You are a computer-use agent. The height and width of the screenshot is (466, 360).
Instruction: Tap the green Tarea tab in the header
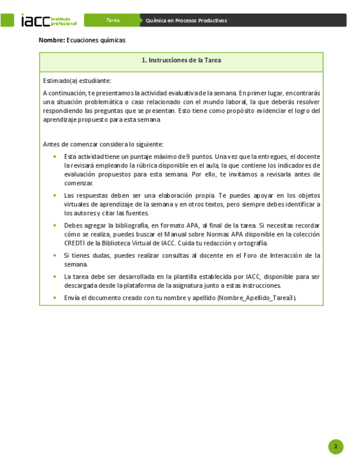[x=113, y=20]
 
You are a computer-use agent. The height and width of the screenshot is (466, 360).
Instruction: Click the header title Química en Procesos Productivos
[x=187, y=20]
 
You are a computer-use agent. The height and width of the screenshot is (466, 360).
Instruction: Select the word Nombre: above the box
[x=52, y=40]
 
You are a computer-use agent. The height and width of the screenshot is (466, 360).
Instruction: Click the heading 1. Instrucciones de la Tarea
[x=181, y=60]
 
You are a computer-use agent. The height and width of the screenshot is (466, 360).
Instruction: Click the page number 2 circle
[x=335, y=447]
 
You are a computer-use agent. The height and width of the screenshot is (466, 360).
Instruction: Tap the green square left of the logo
[x=7, y=20]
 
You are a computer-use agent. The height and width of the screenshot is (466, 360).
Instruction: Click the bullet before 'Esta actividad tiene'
[x=54, y=157]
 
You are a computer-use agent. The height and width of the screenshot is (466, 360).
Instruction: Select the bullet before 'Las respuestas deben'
[x=54, y=195]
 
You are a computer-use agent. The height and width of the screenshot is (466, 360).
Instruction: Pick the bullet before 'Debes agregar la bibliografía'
[x=54, y=225]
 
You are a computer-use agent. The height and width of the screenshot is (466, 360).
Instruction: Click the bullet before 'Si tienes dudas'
[x=54, y=256]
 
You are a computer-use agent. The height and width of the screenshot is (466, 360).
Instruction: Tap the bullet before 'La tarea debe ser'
[x=54, y=276]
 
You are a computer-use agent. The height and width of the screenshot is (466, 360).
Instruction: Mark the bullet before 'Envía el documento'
[x=54, y=297]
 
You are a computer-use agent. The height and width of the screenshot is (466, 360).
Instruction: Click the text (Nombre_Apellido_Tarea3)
[x=257, y=297]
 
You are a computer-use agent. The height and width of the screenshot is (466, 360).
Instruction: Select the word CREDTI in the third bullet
[x=76, y=243]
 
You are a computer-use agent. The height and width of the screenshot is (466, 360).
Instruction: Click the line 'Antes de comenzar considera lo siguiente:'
[x=103, y=144]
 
